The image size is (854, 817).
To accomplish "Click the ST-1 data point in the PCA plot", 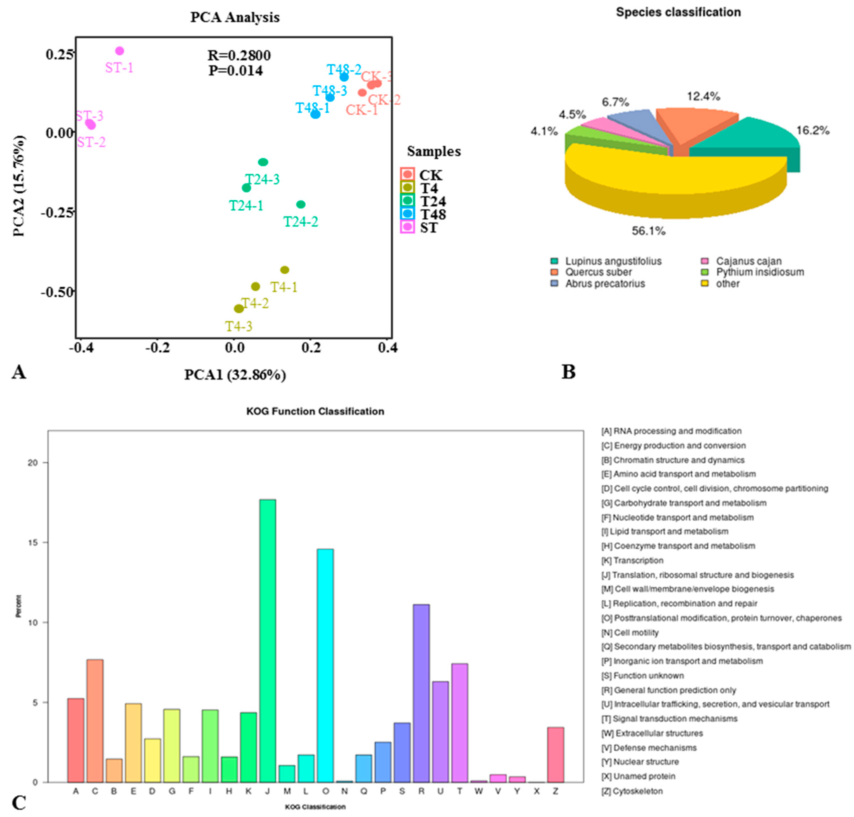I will [x=119, y=51].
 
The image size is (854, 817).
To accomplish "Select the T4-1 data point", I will [x=285, y=270].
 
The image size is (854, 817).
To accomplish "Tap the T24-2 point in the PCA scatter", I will [x=301, y=204].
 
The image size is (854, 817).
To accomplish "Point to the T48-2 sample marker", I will [x=344, y=77].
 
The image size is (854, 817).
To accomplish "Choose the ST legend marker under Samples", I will [x=408, y=227].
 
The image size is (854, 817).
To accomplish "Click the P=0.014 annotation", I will [x=235, y=70].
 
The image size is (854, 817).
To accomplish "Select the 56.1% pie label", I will [x=648, y=231].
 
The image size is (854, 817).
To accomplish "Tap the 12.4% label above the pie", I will [x=703, y=96].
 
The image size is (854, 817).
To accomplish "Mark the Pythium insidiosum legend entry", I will [x=760, y=272].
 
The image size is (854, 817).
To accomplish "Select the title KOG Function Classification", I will [x=315, y=411].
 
